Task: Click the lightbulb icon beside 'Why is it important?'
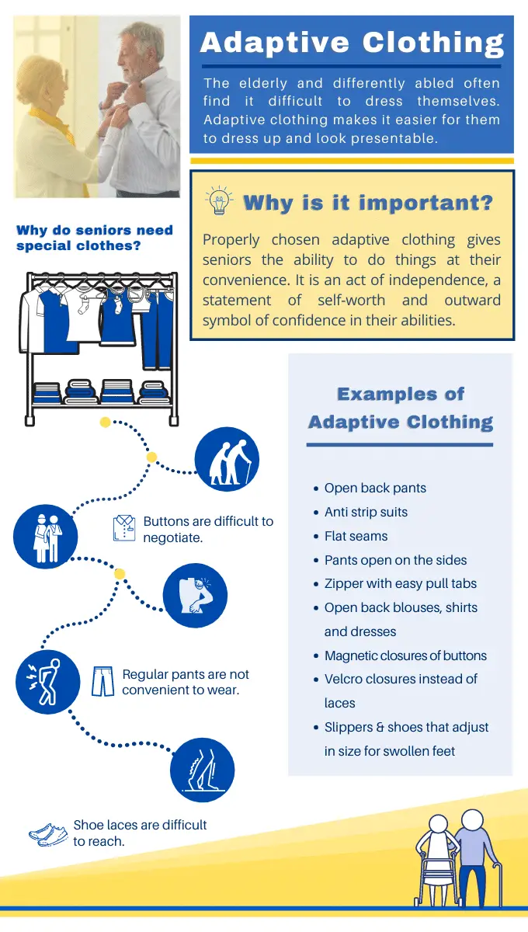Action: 219,200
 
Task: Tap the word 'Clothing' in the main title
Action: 433,43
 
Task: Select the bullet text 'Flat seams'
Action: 356,536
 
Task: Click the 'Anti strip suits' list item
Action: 366,512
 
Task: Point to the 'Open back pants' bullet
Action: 375,488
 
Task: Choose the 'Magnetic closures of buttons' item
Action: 405,656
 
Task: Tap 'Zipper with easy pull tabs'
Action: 400,583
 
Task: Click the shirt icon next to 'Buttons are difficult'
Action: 124,528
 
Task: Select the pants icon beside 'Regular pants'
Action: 102,681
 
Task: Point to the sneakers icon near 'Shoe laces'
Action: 48,834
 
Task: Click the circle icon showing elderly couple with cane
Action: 227,459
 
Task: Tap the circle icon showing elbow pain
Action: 195,596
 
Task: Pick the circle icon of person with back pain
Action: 48,682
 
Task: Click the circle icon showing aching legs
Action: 202,770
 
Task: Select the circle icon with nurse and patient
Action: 45,537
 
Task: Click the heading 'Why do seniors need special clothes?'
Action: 95,238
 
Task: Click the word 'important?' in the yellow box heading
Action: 426,203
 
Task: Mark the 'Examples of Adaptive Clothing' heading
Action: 401,408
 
